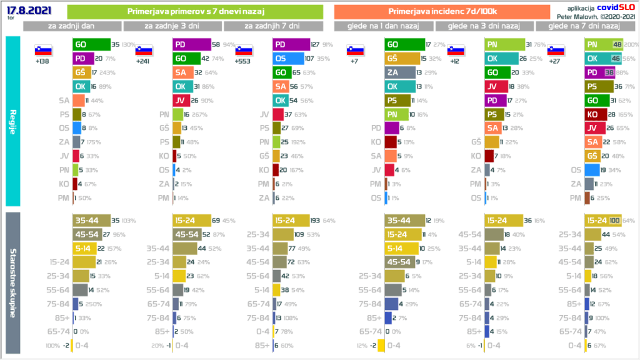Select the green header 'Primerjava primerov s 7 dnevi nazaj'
(194, 12)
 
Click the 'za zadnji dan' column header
(72, 26)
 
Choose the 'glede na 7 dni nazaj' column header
(583, 26)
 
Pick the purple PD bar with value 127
(291, 44)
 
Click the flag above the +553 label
(243, 50)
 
